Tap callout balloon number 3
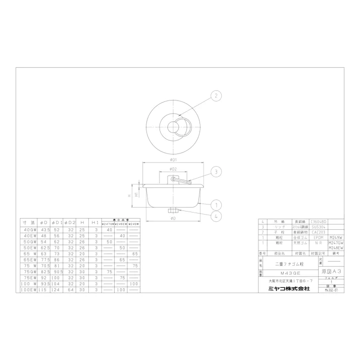(216, 172)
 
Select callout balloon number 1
(216, 205)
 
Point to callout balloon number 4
(216, 217)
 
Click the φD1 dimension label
(173, 160)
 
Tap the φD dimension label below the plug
(173, 219)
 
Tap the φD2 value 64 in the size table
(71, 290)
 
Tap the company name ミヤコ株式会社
(288, 288)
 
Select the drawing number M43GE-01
(331, 290)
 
